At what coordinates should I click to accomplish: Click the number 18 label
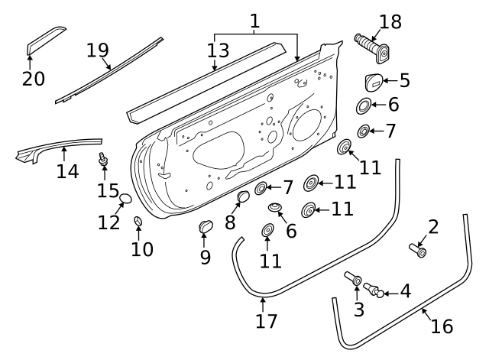point(390,22)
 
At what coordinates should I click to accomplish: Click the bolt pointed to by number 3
point(355,280)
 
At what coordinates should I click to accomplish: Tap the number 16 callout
point(442,326)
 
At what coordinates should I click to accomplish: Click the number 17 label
point(267,321)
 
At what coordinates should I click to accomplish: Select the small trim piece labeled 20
point(46,40)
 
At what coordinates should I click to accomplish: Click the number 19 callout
point(98,50)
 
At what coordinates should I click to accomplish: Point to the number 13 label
point(218,50)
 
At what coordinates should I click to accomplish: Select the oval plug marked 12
point(126,200)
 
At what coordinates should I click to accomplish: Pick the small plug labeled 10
point(138,222)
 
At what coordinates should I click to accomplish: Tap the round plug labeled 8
point(243,199)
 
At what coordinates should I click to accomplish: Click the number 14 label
point(67,171)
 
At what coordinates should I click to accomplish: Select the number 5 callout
point(404,80)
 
